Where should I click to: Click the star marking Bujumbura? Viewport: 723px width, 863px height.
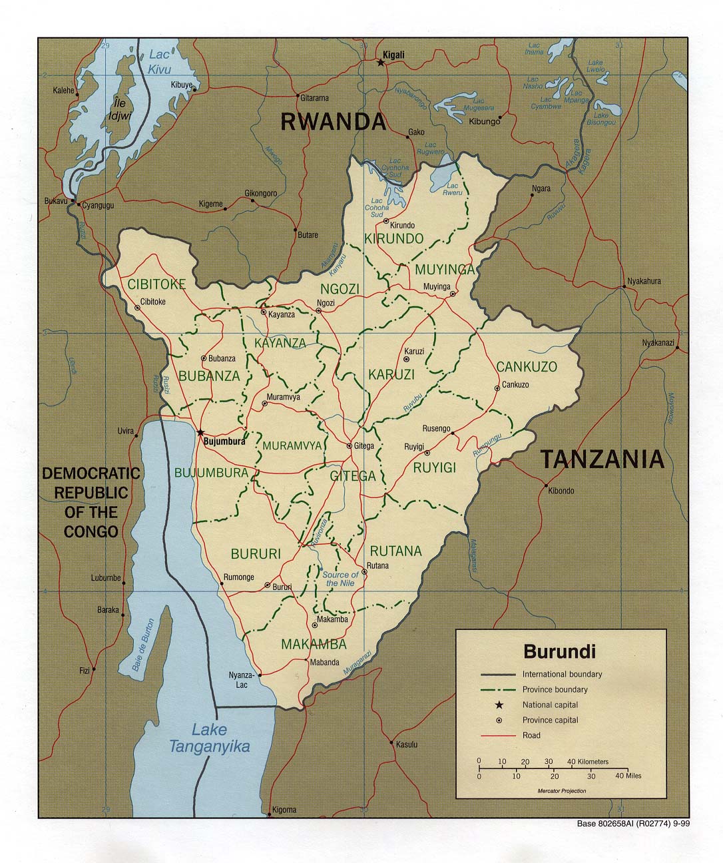pyautogui.click(x=200, y=432)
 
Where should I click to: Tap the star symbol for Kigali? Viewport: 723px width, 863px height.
pyautogui.click(x=381, y=63)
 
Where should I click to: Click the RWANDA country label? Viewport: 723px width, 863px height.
pyautogui.click(x=333, y=122)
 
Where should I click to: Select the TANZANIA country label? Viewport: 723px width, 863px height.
pyautogui.click(x=601, y=459)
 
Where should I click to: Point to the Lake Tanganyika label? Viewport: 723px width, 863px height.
pyautogui.click(x=209, y=738)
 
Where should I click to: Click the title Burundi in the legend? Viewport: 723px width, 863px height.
pyautogui.click(x=559, y=651)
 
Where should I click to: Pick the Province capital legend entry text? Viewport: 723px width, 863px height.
pyautogui.click(x=550, y=720)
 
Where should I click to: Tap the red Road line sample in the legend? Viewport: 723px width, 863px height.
pyautogui.click(x=498, y=736)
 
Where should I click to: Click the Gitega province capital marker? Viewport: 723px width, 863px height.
pyautogui.click(x=350, y=445)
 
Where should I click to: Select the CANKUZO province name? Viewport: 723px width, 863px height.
pyautogui.click(x=526, y=367)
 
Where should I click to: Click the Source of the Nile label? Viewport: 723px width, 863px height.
pyautogui.click(x=340, y=579)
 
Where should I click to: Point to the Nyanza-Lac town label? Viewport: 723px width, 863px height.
pyautogui.click(x=238, y=679)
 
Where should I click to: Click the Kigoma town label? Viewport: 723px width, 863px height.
pyautogui.click(x=284, y=810)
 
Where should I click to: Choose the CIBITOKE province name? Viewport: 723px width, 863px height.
pyautogui.click(x=156, y=285)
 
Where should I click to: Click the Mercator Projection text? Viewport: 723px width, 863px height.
pyautogui.click(x=562, y=790)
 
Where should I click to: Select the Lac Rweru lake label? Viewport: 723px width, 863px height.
pyautogui.click(x=453, y=188)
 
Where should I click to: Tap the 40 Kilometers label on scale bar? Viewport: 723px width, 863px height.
pyautogui.click(x=588, y=761)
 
